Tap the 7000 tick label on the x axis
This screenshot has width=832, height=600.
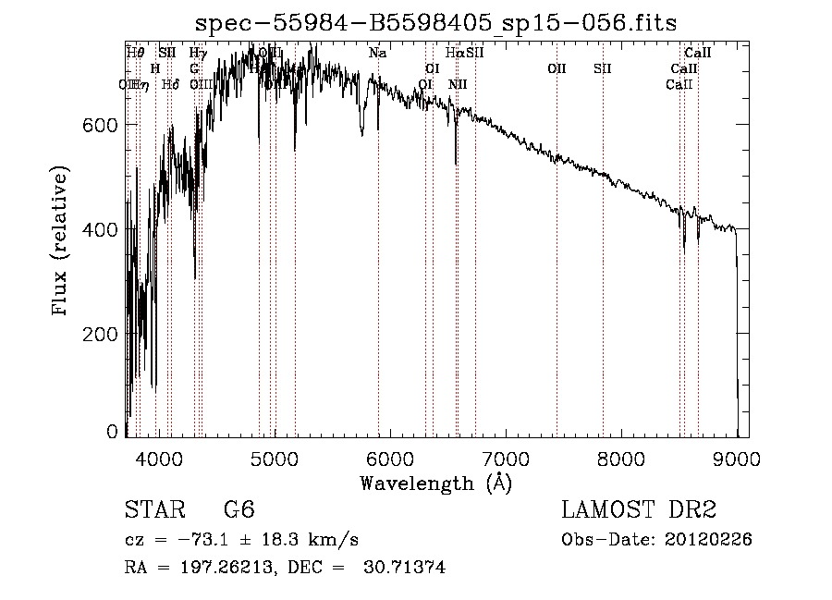point(506,458)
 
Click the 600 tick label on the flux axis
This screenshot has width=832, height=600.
point(101,125)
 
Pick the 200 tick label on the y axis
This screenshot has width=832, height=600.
point(101,334)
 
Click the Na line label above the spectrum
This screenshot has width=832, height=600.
point(377,54)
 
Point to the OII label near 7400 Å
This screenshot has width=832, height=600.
point(557,68)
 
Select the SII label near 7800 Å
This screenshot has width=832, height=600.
point(603,68)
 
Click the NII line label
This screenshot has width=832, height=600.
point(458,85)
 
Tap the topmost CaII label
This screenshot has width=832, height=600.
point(697,54)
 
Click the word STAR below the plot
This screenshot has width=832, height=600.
point(153,510)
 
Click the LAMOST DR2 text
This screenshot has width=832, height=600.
point(639,510)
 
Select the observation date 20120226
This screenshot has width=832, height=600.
point(713,540)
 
